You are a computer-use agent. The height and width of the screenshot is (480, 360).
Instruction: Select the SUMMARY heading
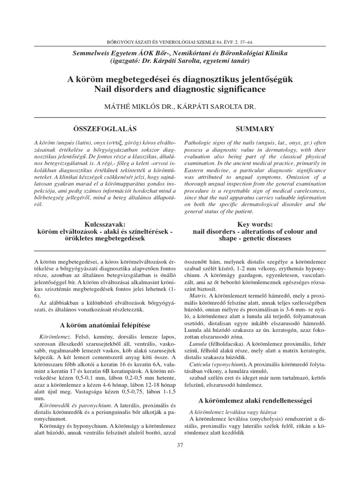[255, 128]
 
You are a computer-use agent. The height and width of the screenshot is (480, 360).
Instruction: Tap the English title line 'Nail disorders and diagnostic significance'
[180, 89]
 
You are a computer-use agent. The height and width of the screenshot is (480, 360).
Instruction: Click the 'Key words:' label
[255, 225]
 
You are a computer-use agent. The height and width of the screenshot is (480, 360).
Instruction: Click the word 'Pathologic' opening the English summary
[199, 142]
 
